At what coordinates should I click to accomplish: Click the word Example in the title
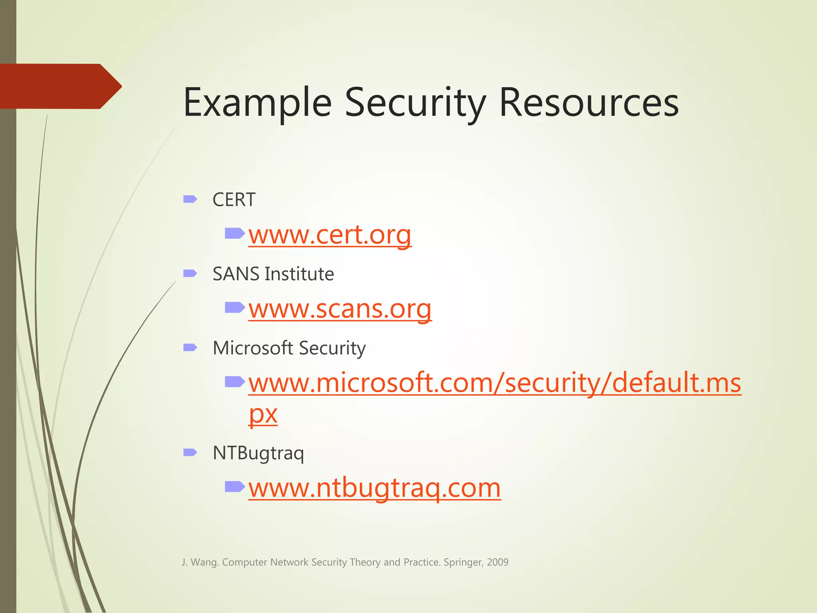257,103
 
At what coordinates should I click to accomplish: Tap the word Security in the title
415,103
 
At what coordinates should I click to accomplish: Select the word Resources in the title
589,103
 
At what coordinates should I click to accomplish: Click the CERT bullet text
234,200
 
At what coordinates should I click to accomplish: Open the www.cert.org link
330,235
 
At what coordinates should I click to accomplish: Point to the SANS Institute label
273,274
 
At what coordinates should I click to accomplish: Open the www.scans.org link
340,309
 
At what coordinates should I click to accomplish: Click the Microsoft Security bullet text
289,348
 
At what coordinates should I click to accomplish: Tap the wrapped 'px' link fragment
263,414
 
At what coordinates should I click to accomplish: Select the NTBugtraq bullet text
258,453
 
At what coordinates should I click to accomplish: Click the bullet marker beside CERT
190,199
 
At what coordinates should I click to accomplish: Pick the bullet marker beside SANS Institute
190,273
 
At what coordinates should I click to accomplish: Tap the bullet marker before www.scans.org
235,307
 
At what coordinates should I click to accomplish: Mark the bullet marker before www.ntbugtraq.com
235,486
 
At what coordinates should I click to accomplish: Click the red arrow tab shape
60,86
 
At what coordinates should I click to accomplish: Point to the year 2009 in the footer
497,562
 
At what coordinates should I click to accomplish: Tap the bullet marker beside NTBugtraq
190,452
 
